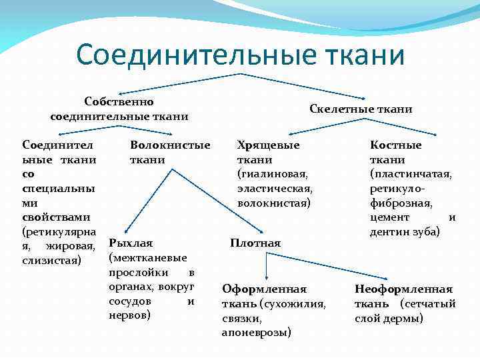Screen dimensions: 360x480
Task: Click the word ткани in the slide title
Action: tap(363, 55)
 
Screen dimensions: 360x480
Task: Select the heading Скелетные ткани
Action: tap(361, 109)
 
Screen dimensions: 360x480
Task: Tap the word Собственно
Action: tap(119, 102)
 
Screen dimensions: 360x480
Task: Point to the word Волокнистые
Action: tap(170, 145)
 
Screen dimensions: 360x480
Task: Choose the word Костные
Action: tap(396, 145)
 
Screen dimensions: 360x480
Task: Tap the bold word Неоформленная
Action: tap(403, 289)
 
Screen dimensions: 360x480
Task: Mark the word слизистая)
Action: tap(52, 259)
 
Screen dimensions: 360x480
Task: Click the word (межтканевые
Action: tap(147, 257)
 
